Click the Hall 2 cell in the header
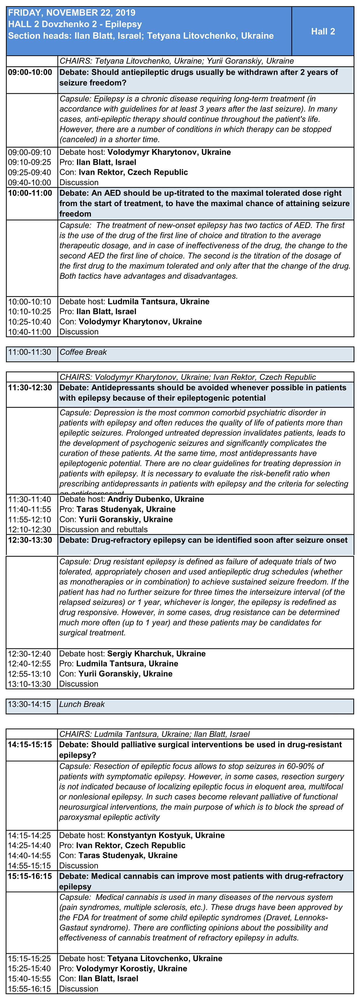point(323,31)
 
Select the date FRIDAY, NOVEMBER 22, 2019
point(72,13)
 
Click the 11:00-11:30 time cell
point(30,352)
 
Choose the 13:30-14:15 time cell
point(30,704)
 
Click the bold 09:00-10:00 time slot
point(30,72)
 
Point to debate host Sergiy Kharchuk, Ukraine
point(156,654)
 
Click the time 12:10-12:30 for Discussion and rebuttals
point(30,529)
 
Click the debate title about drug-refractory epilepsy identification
point(203,540)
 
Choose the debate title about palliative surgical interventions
point(200,750)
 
